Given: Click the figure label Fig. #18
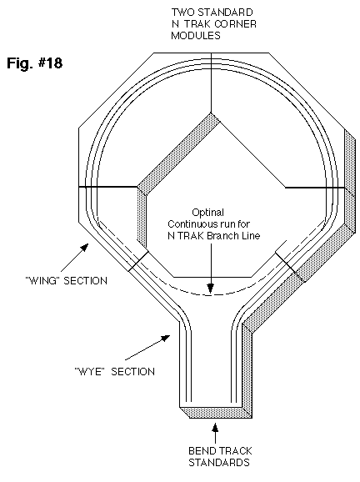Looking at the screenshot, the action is (35, 63).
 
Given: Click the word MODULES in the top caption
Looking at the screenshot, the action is (196, 35).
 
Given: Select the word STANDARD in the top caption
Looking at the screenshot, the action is (225, 13).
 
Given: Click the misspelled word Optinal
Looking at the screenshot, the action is (208, 213).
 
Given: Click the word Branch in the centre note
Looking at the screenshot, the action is (222, 236).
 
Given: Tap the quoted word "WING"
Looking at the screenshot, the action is (42, 281).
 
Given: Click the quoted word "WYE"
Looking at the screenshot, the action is (88, 372).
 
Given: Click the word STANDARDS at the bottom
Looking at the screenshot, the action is (219, 462).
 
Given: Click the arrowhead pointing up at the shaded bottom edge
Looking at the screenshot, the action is (215, 428).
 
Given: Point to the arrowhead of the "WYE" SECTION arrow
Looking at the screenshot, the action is (166, 338).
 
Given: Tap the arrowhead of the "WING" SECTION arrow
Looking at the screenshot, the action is (85, 247).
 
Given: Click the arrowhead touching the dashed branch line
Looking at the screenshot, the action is (210, 289).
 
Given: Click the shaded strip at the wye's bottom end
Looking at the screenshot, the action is (216, 413).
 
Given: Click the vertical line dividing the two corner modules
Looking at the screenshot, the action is (211, 83).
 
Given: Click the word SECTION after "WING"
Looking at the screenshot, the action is (85, 281).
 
